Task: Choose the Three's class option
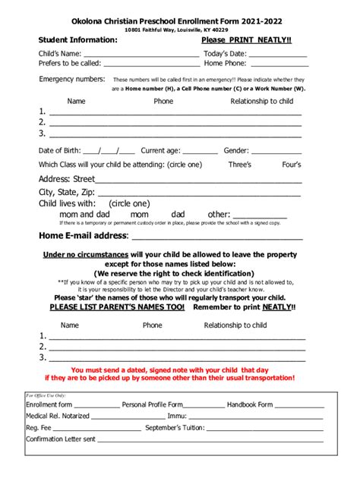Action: [239, 165]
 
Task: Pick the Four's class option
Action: [292, 165]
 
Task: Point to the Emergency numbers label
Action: [72, 79]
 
